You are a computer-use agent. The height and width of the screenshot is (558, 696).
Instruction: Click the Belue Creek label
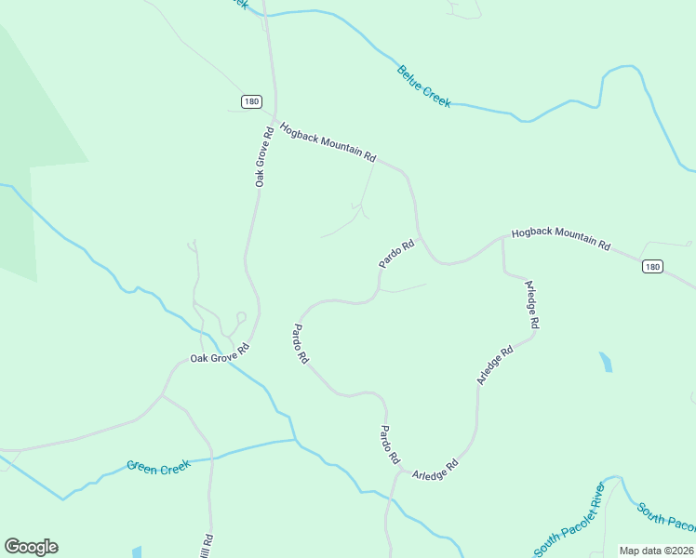[424, 86]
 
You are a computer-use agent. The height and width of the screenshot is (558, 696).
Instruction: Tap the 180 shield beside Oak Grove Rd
[251, 101]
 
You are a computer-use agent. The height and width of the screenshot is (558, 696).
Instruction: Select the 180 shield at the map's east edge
[652, 267]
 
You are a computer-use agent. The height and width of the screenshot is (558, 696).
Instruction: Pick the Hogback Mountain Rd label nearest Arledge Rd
[560, 239]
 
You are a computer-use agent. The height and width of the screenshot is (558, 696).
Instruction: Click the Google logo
[31, 547]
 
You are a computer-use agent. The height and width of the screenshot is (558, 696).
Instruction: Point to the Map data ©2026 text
[656, 551]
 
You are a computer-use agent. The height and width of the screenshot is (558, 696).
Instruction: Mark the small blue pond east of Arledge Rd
[607, 362]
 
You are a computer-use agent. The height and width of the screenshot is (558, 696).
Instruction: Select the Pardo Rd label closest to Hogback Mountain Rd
[395, 254]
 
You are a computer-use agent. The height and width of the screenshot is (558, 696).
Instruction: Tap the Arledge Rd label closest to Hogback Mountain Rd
[531, 304]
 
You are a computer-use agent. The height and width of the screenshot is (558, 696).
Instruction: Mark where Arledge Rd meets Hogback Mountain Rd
[502, 236]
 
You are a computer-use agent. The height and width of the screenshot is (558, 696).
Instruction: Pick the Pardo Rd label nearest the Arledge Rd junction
[389, 445]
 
